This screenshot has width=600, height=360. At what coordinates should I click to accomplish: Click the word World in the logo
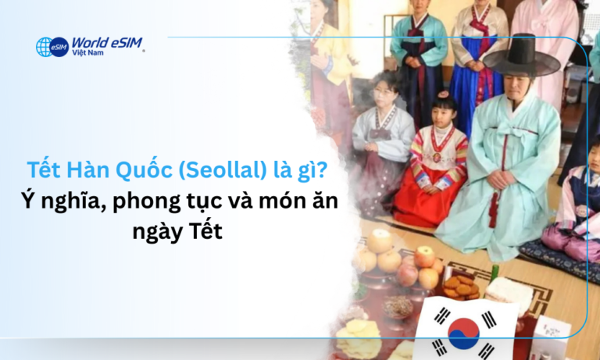click(x=88, y=42)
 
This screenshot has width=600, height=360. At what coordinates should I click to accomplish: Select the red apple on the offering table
click(x=423, y=255)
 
